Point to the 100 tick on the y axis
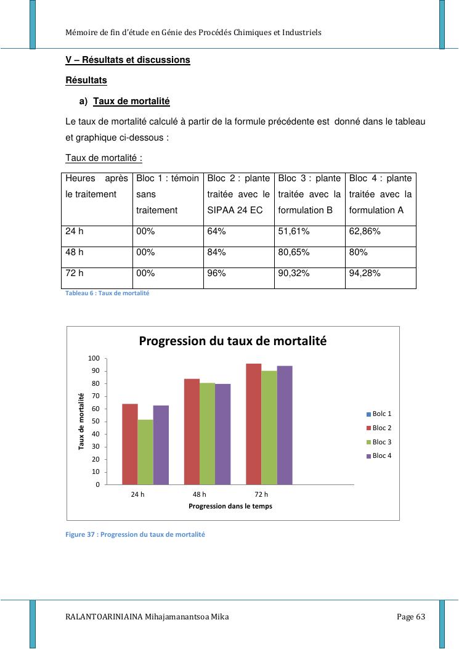click(x=94, y=358)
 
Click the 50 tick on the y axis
click(x=95, y=422)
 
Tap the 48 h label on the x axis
click(x=199, y=494)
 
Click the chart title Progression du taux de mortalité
click(x=232, y=341)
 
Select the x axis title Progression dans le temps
click(x=230, y=506)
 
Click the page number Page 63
click(x=411, y=617)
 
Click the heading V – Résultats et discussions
click(x=128, y=60)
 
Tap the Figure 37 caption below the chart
click(x=135, y=534)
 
